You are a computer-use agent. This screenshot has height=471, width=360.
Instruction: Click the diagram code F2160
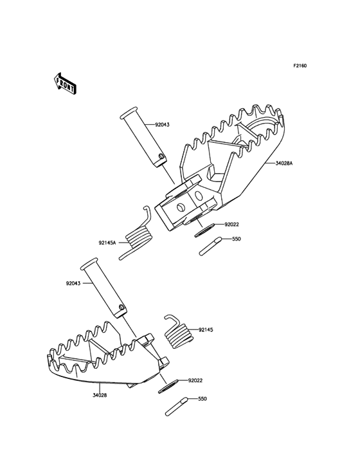[300, 66]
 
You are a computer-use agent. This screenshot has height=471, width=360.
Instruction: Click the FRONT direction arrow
[65, 82]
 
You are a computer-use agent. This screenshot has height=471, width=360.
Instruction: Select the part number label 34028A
[283, 164]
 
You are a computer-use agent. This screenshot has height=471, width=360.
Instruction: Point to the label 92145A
[107, 243]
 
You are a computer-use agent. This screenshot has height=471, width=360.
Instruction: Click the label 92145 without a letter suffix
[206, 329]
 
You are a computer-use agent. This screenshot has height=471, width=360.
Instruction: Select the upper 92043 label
[162, 124]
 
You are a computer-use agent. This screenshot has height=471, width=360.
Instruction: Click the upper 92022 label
[231, 225]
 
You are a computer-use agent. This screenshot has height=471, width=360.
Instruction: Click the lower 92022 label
[195, 380]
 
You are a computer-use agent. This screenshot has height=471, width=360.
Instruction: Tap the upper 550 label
[237, 239]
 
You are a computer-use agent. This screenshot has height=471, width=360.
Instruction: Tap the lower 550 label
[202, 399]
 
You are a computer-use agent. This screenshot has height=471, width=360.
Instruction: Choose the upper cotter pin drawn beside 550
[210, 246]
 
